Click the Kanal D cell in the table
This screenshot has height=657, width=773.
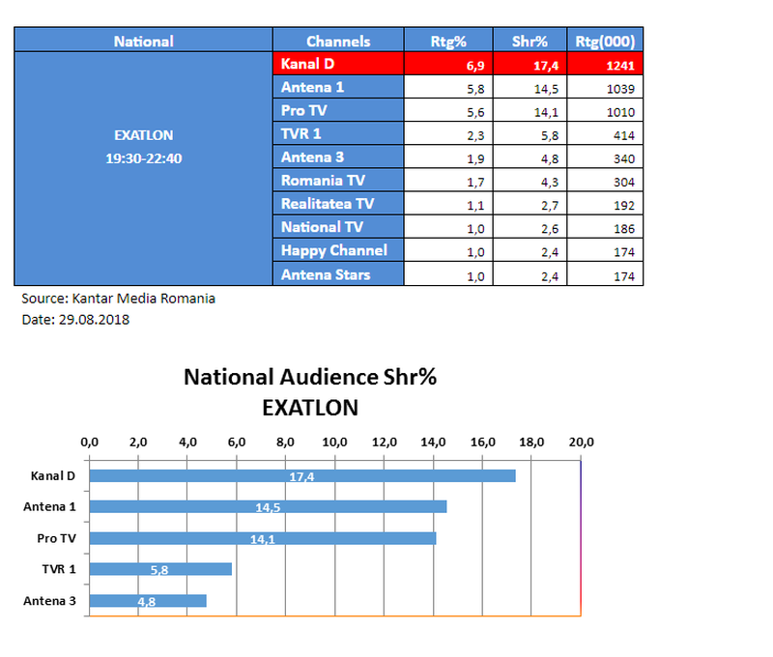coord(337,64)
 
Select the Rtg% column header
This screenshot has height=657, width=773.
coord(448,41)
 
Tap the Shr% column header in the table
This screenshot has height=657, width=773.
coord(529,41)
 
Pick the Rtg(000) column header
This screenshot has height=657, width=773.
coord(604,41)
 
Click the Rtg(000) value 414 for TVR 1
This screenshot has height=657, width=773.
coord(622,134)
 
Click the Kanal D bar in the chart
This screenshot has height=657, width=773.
coord(302,475)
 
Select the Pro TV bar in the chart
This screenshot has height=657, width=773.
coord(262,538)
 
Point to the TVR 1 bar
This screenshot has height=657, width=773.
coord(160,569)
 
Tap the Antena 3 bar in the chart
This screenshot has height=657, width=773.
coord(148,600)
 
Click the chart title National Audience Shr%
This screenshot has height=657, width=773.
coord(310,378)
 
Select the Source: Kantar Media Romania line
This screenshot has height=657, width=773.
coord(118,299)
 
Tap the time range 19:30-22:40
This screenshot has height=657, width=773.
coord(144,157)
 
